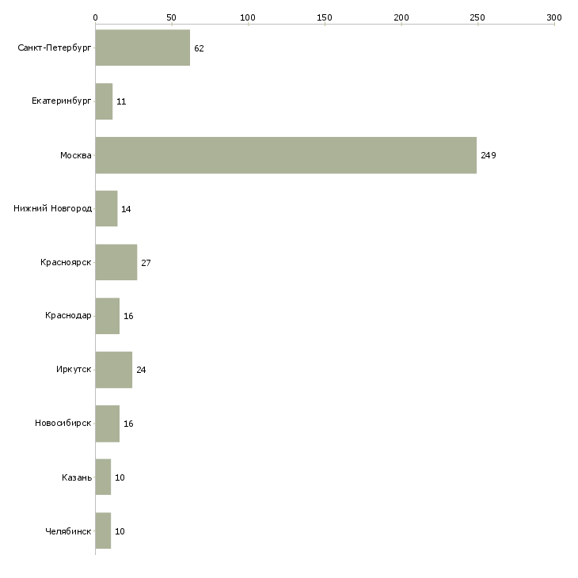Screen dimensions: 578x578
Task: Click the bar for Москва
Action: point(286,155)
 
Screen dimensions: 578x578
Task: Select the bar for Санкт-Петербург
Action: point(143,48)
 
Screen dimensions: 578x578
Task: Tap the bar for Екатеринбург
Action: point(104,101)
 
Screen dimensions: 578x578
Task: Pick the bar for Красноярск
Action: point(116,262)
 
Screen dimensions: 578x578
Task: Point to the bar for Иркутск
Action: point(114,370)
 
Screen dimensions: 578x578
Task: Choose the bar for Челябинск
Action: point(103,530)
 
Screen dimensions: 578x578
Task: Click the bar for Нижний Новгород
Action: point(107,209)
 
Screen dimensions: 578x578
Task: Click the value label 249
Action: point(489,155)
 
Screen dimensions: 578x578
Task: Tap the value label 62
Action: point(199,48)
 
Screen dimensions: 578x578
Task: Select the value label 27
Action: point(146,263)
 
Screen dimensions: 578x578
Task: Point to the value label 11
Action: point(121,101)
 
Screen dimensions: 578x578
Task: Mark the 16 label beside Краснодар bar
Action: point(128,316)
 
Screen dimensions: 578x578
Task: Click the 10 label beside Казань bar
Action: point(120,477)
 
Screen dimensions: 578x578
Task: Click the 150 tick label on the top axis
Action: point(325,17)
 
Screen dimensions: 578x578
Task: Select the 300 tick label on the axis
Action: point(554,17)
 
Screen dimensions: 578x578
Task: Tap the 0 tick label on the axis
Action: point(96,17)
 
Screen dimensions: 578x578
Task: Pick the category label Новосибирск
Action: point(63,423)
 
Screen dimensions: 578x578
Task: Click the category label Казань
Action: point(77,477)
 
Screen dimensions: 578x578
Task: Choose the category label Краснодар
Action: point(68,316)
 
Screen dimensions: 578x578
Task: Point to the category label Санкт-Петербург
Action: point(54,48)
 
